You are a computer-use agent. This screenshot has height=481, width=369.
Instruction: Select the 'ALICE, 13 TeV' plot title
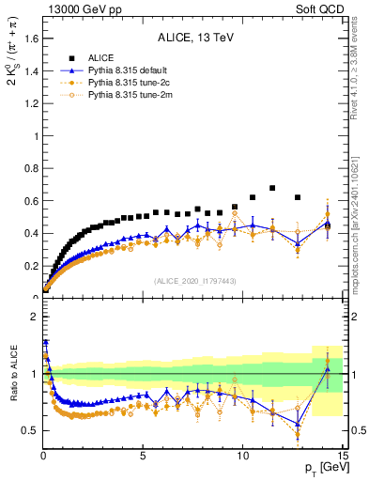[x=194, y=38]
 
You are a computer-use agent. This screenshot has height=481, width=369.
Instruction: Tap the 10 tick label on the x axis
[x=242, y=458]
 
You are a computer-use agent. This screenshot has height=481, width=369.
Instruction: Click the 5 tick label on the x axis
[x=143, y=458]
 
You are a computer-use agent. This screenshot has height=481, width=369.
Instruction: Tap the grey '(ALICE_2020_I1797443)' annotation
[x=194, y=281]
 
